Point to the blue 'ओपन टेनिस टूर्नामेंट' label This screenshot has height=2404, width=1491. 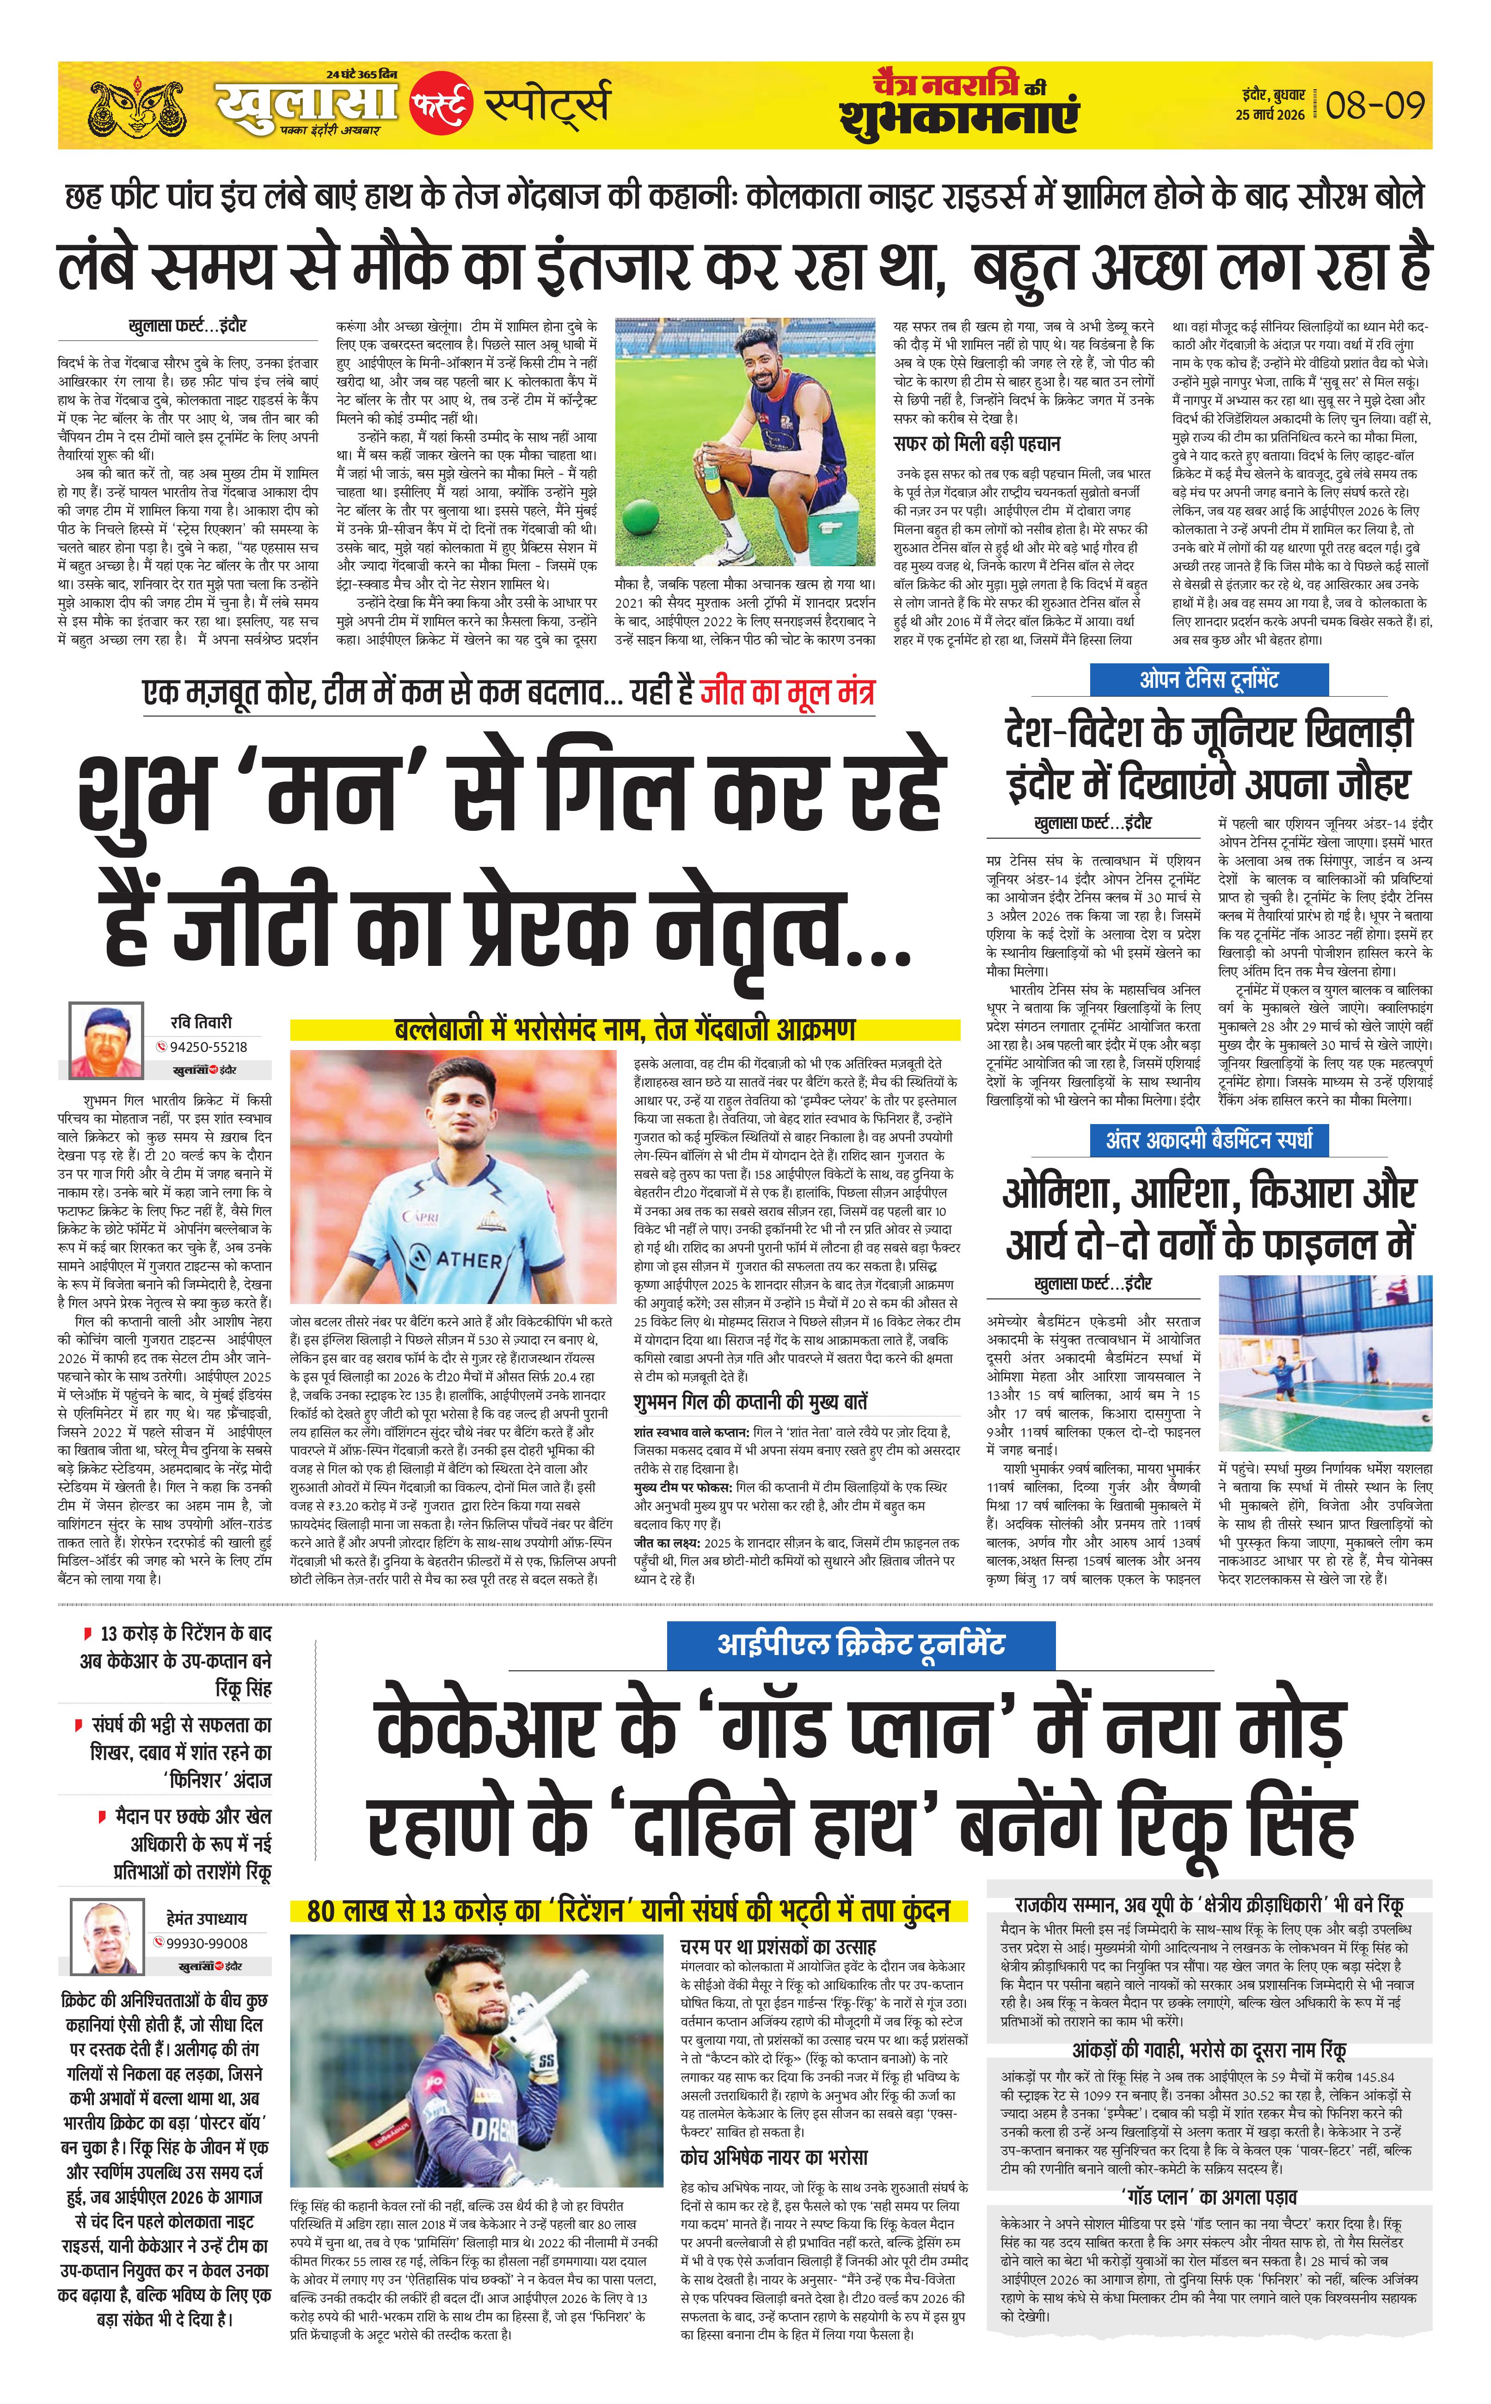(1209, 680)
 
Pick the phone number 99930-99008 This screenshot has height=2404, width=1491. (207, 1943)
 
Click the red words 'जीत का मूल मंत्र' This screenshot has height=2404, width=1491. (787, 692)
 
